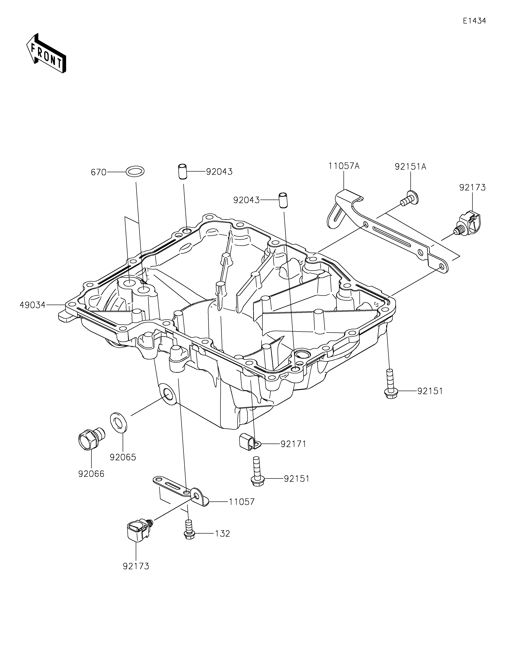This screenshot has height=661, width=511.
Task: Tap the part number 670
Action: pyautogui.click(x=99, y=173)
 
